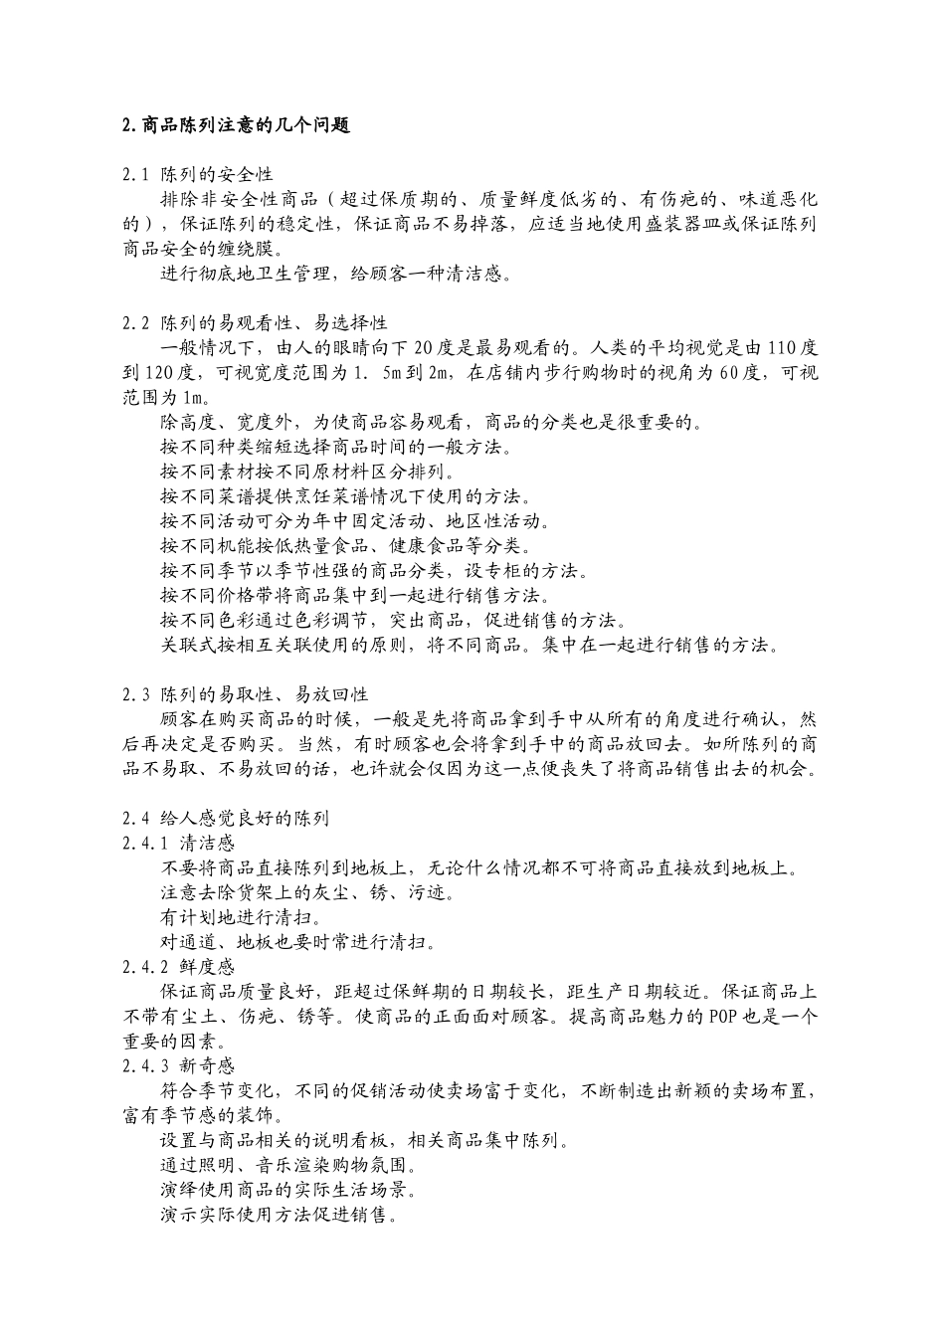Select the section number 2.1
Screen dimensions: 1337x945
136,175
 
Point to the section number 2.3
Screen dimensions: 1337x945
136,694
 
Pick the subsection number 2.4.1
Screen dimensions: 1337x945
144,844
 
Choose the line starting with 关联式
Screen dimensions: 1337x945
468,646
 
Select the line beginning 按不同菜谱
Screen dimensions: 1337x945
345,496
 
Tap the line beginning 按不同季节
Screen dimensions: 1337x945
375,571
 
